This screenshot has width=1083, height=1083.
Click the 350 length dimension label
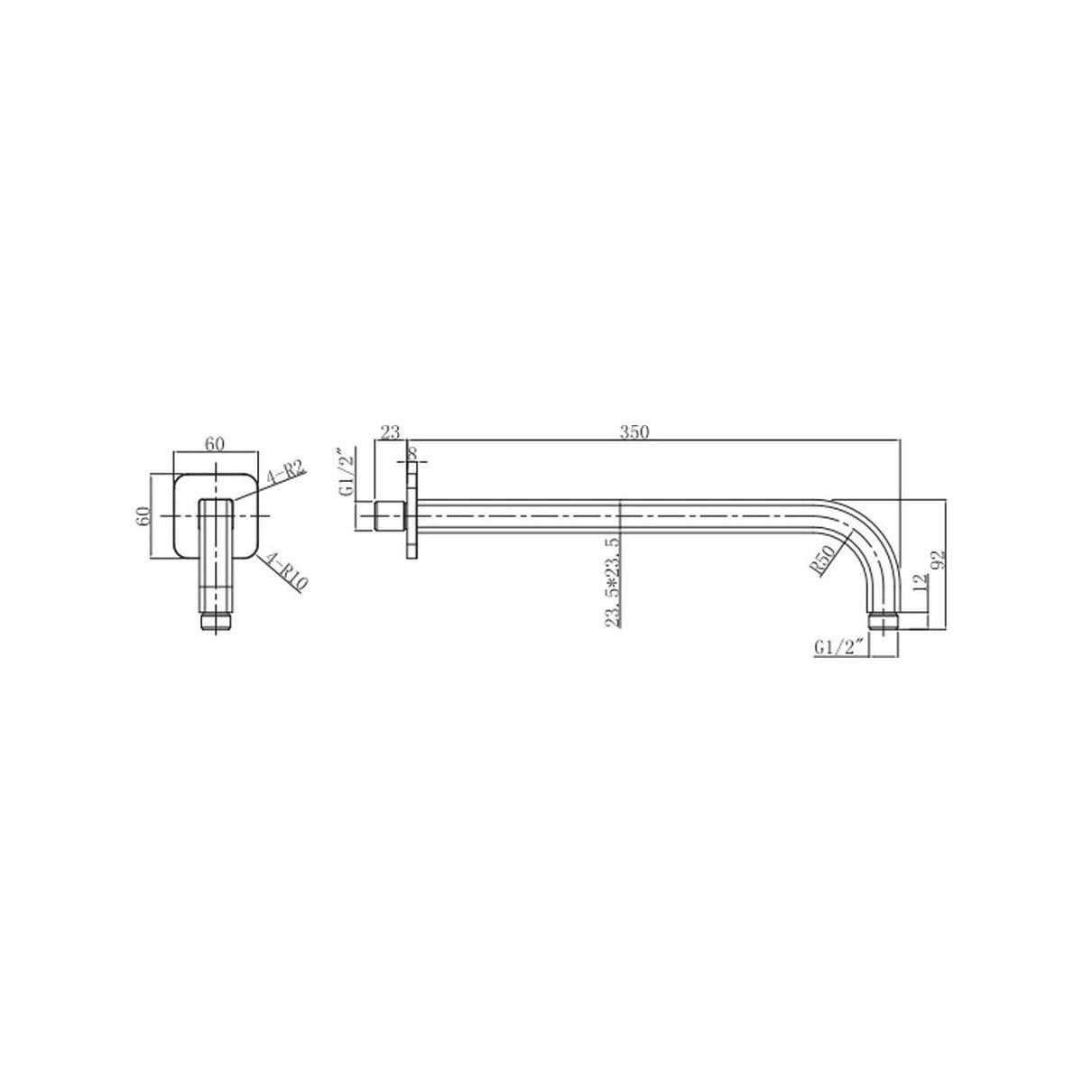(x=634, y=431)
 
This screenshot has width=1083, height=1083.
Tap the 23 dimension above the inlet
(x=390, y=432)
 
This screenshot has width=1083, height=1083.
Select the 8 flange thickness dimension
(x=412, y=452)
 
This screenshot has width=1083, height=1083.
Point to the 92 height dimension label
(x=939, y=560)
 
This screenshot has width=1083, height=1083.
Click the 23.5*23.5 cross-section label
(x=613, y=582)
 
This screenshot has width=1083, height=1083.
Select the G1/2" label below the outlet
(x=838, y=647)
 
